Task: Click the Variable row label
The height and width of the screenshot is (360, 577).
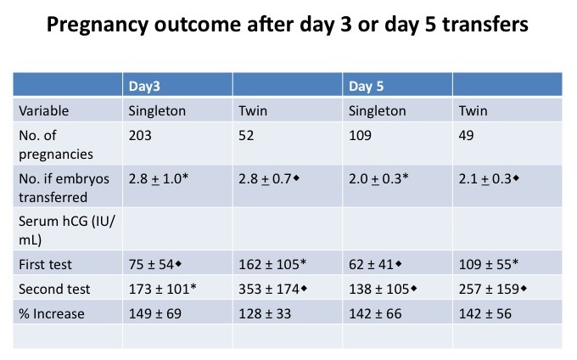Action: pos(45,110)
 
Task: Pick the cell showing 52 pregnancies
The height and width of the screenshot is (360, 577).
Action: pos(246,135)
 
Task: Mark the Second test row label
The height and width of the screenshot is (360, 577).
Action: pos(53,290)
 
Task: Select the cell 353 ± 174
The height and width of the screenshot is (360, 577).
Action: pos(275,290)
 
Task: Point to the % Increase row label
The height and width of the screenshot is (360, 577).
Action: pos(53,314)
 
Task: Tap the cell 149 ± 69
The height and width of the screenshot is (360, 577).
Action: pos(157,314)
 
